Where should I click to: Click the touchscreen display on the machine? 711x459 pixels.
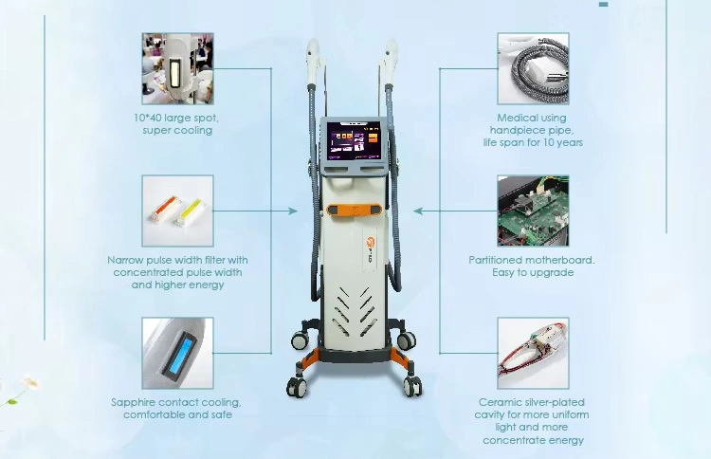click(355, 139)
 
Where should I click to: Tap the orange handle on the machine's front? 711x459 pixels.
click(355, 210)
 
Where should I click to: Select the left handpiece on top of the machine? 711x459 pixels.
click(313, 62)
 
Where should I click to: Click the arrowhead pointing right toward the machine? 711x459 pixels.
click(293, 211)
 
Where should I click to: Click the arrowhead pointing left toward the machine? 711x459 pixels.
click(418, 211)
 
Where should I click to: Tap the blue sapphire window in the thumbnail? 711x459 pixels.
click(180, 353)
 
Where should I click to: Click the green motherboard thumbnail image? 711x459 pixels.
click(533, 211)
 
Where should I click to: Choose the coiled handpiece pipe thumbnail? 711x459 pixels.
click(533, 68)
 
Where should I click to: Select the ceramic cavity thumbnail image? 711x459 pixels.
click(533, 354)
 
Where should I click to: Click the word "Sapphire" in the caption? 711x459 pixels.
click(133, 403)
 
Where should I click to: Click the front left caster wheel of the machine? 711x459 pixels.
click(297, 386)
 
